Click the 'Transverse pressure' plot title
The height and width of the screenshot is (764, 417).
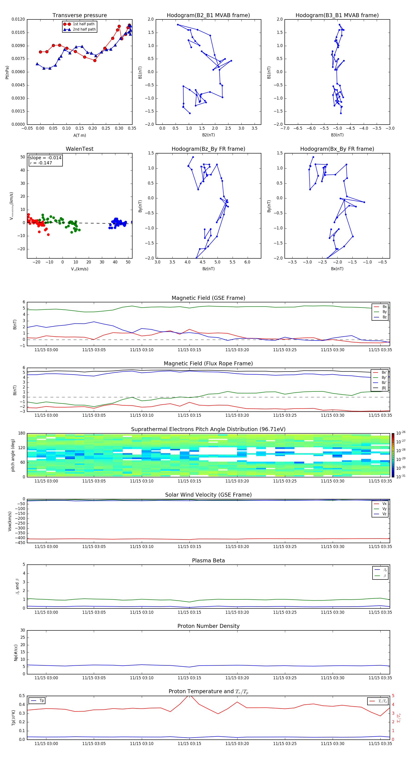(79, 16)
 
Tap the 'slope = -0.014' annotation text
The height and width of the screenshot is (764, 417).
(45, 158)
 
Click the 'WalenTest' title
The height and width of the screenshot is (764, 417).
(79, 149)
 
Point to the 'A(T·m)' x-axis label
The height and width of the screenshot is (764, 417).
(79, 135)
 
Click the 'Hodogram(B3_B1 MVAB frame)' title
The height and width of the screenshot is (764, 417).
(337, 16)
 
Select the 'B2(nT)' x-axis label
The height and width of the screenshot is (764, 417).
(208, 135)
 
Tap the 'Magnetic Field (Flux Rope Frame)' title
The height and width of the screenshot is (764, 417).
(208, 364)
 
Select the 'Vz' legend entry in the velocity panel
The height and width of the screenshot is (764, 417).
(384, 514)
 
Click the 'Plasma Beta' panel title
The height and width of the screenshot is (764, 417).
(208, 560)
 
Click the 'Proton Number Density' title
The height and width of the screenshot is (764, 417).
(208, 626)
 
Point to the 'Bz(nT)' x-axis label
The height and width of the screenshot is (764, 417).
(208, 269)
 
